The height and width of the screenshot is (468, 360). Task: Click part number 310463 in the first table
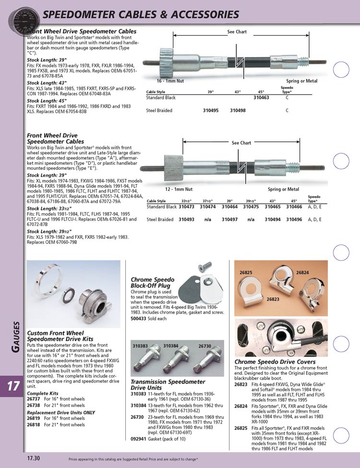tap(261, 97)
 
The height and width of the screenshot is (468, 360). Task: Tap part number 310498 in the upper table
tap(238, 111)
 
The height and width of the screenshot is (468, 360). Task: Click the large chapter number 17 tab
tap(12, 387)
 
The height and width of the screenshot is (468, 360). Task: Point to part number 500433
tap(138, 318)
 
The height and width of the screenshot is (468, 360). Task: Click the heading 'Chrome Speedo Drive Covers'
tap(275, 361)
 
